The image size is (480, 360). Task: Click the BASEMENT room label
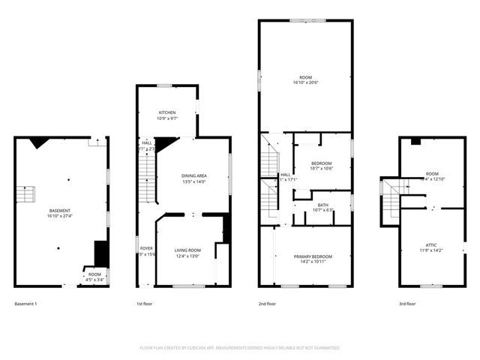coord(59,211)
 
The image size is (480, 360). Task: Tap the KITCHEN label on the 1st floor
coord(166,112)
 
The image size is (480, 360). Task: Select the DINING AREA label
coord(194,175)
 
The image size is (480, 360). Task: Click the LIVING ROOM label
coord(187,250)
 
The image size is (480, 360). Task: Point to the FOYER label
coord(146,248)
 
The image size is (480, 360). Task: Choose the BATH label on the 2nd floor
coord(322,205)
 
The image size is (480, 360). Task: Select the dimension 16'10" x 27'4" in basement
coord(59,217)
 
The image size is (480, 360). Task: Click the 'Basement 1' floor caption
coord(25,304)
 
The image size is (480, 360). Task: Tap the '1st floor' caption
coord(145,304)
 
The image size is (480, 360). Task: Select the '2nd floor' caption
coord(268,304)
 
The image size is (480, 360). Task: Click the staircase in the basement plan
coord(26,195)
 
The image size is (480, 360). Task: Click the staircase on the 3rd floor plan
coord(391,198)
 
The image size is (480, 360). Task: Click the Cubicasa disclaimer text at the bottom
coord(240,348)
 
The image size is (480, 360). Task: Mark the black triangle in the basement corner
coord(41,142)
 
